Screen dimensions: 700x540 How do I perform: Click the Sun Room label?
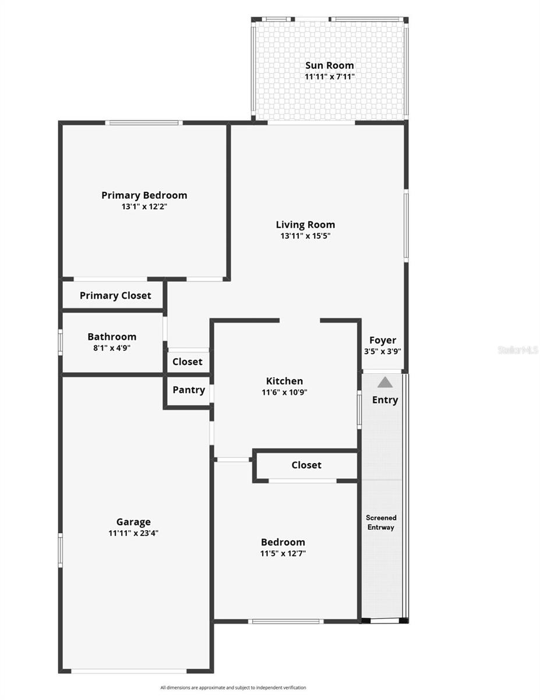(329, 65)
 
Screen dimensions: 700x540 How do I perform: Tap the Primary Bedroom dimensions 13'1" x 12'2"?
(144, 206)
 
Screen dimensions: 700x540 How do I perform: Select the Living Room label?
(305, 225)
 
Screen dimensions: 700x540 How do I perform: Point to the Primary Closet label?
(115, 296)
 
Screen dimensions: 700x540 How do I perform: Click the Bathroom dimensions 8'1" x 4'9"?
(112, 348)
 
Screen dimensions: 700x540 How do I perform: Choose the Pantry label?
(189, 390)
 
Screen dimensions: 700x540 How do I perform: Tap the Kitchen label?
(284, 381)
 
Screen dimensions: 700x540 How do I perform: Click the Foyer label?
(383, 340)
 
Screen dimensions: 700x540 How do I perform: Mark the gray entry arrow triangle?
(384, 382)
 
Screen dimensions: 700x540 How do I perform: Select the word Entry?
(385, 400)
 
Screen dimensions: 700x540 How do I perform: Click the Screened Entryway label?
(381, 522)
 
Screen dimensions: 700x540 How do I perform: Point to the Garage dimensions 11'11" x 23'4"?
(133, 533)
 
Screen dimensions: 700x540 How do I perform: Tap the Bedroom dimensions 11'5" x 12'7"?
(283, 553)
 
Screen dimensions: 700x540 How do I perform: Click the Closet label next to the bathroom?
(188, 362)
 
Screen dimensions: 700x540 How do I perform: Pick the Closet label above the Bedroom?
(306, 465)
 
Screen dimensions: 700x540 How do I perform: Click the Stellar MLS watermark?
(518, 350)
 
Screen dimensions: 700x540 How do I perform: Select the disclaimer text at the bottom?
(233, 688)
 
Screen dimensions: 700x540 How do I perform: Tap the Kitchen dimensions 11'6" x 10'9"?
(284, 393)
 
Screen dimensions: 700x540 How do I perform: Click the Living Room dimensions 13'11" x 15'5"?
(305, 236)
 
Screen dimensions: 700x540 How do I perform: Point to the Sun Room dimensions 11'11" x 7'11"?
(329, 76)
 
